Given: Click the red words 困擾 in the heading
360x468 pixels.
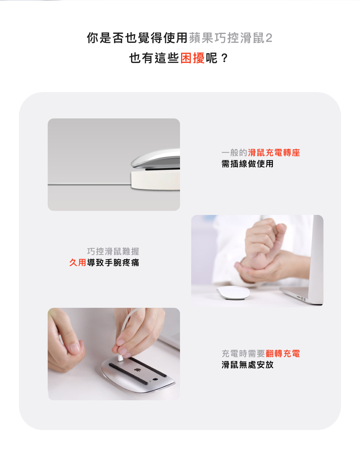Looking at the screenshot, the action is tap(193, 58).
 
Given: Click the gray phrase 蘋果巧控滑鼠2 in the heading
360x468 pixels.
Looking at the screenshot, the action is tap(231, 38).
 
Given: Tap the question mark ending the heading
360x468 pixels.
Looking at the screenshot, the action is tap(224, 58).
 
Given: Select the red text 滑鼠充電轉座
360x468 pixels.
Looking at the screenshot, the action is tap(274, 153).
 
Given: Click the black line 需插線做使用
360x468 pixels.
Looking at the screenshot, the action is tap(247, 164).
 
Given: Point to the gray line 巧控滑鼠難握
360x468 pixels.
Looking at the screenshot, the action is tap(113, 251).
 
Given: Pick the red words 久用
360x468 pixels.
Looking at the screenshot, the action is tap(78, 262).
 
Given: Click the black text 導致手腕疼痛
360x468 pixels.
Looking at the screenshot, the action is tap(113, 262).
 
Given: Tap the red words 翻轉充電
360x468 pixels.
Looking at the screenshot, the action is tap(283, 354).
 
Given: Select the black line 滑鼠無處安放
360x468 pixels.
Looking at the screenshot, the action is tap(247, 365).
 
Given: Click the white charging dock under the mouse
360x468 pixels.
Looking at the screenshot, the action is tap(156, 180).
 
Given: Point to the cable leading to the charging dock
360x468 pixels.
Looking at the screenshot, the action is tap(89, 184).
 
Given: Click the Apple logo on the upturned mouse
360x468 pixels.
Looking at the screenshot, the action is tap(138, 370).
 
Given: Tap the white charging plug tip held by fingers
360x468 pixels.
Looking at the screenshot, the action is tap(120, 358).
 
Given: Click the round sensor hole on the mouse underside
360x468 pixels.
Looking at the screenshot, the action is tap(155, 379).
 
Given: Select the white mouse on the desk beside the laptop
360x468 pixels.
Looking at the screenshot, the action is tap(233, 293).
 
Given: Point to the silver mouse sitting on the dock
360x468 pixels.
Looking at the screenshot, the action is tap(156, 158).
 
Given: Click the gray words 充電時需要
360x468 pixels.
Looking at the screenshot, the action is tap(243, 354).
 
